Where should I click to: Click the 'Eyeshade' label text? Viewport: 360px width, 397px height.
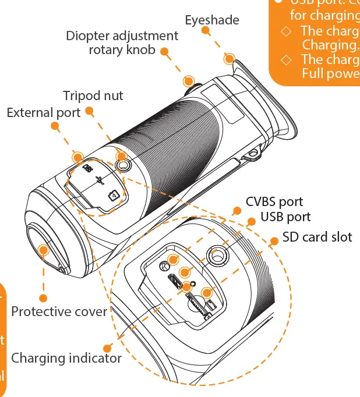pyautogui.click(x=212, y=20)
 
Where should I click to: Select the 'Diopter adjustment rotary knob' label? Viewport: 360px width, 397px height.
pyautogui.click(x=122, y=43)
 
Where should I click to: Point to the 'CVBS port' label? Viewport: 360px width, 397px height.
pyautogui.click(x=274, y=202)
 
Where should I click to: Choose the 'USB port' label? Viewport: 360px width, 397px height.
pyautogui.click(x=285, y=217)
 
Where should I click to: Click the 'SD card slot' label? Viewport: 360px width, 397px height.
pyautogui.click(x=317, y=237)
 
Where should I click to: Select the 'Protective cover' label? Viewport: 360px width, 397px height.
pyautogui.click(x=59, y=311)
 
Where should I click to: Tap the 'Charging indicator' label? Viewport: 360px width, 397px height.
pyautogui.click(x=66, y=357)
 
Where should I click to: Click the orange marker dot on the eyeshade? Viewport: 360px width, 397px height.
pyautogui.click(x=230, y=59)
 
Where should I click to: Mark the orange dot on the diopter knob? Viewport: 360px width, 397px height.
pyautogui.click(x=188, y=80)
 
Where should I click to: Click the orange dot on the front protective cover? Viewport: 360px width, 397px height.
pyautogui.click(x=43, y=251)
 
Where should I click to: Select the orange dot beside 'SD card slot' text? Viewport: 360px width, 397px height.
pyautogui.click(x=272, y=240)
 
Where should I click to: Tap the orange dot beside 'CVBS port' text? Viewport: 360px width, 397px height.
pyautogui.click(x=236, y=211)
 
